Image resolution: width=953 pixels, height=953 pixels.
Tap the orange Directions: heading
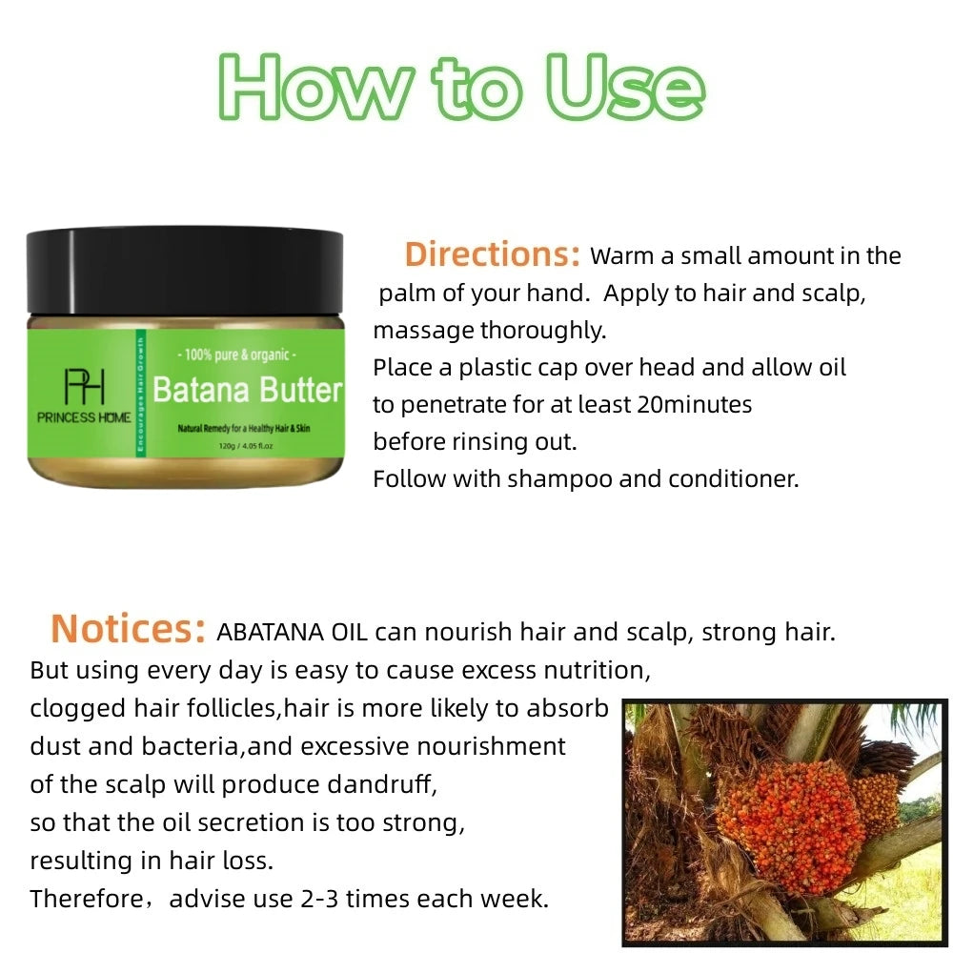tap(493, 254)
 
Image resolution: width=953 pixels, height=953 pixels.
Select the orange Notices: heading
tap(129, 628)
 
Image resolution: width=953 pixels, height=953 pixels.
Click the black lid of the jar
tap(185, 272)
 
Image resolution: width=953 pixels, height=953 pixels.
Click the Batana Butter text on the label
tap(247, 390)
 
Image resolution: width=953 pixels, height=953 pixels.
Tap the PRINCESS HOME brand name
tap(84, 417)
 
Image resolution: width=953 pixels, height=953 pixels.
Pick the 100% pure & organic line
tap(236, 354)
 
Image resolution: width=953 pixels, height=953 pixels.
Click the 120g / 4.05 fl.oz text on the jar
tap(246, 445)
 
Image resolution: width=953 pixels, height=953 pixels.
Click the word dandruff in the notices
tap(382, 784)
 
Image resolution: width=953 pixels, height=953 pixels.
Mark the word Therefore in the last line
tap(86, 899)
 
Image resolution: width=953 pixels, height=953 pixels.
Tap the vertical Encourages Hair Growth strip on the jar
tap(140, 395)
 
